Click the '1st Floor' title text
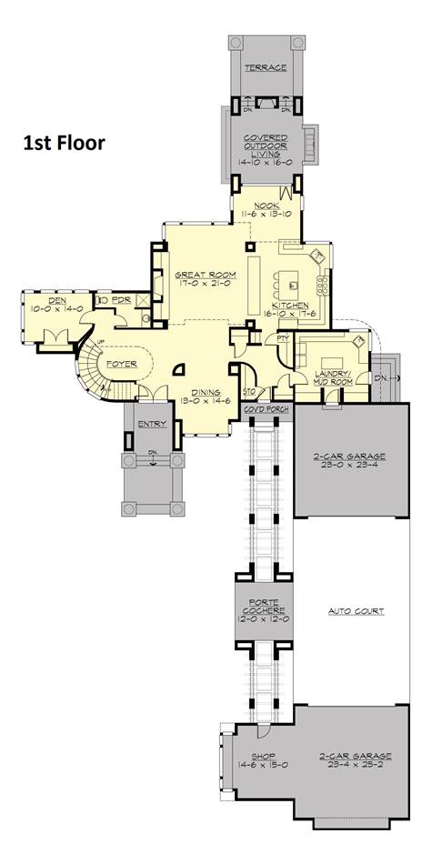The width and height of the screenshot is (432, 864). [x=64, y=142]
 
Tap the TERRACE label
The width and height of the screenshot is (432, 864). [x=265, y=67]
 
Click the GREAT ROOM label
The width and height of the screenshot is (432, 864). [x=206, y=273]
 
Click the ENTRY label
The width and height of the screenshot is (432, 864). [x=151, y=424]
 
